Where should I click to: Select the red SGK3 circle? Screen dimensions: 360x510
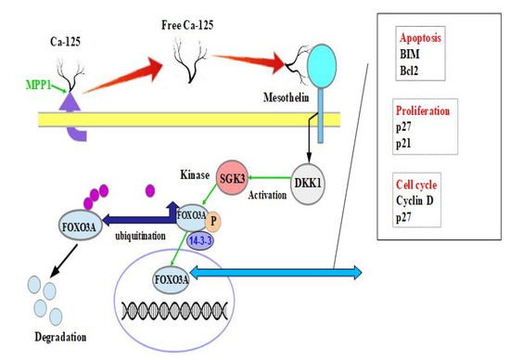(231, 175)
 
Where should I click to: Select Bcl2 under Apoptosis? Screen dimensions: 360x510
(411, 70)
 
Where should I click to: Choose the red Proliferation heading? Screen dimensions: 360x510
(429, 110)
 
